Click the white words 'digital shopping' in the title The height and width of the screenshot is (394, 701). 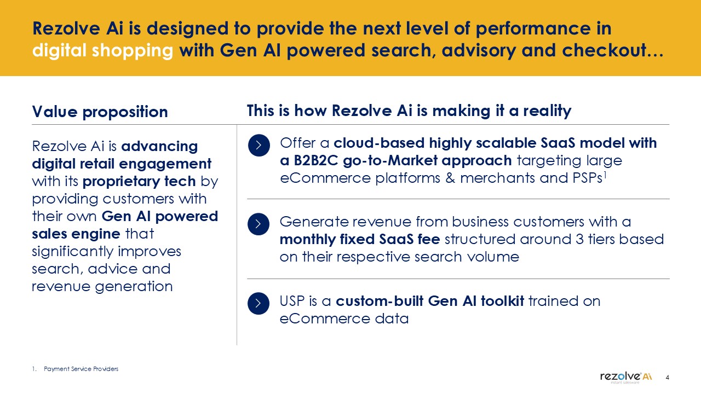pyautogui.click(x=102, y=51)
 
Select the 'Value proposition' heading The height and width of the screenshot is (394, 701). pyautogui.click(x=100, y=112)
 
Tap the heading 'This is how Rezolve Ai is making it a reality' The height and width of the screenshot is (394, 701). pyautogui.click(x=409, y=111)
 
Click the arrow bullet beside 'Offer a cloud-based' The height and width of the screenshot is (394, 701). pyautogui.click(x=259, y=145)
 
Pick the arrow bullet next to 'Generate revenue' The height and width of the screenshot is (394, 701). pyautogui.click(x=258, y=224)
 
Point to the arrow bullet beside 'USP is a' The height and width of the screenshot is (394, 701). pyautogui.click(x=258, y=303)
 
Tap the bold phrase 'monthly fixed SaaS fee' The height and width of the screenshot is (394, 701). pyautogui.click(x=360, y=239)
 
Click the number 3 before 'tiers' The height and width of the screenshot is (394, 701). pyautogui.click(x=579, y=239)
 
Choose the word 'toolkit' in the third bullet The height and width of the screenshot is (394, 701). pyautogui.click(x=503, y=301)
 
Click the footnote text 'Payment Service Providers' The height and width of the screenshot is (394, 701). pyautogui.click(x=81, y=369)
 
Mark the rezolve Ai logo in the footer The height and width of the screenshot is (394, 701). pyautogui.click(x=626, y=377)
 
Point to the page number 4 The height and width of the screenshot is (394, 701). pyautogui.click(x=667, y=378)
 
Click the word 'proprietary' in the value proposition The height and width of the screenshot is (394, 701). pyautogui.click(x=121, y=182)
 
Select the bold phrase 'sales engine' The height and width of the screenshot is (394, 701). pyautogui.click(x=76, y=234)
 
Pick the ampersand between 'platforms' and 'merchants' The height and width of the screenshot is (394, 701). pyautogui.click(x=450, y=178)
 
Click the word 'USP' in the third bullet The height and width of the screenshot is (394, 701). pyautogui.click(x=292, y=301)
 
